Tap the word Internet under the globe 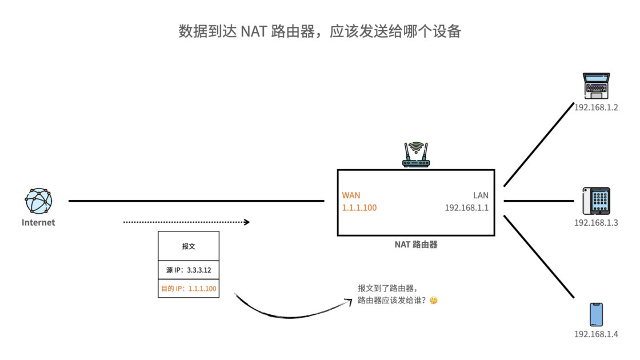click(x=38, y=223)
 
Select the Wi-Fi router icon click(x=416, y=155)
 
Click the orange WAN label click(x=351, y=195)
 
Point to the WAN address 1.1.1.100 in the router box click(x=359, y=208)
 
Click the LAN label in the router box click(x=481, y=195)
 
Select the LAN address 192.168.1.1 click(x=467, y=208)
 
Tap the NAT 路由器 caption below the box click(x=416, y=245)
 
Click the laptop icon click(x=596, y=86)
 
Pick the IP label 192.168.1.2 click(x=596, y=107)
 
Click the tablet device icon click(x=596, y=201)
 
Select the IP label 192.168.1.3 click(x=596, y=223)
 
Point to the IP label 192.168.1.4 click(x=596, y=334)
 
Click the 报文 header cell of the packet click(x=189, y=246)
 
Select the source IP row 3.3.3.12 click(x=189, y=270)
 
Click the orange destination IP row click(x=189, y=289)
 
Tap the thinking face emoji click(x=434, y=300)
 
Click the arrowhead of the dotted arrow click(x=247, y=222)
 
